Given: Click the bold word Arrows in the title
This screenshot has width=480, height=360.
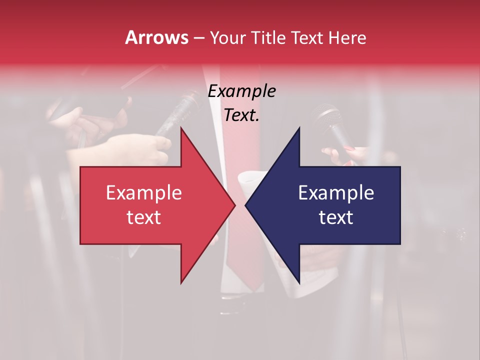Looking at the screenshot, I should [157, 37].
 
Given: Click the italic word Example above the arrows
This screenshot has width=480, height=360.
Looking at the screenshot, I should [242, 91].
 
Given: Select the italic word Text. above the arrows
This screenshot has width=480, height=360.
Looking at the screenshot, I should [242, 115].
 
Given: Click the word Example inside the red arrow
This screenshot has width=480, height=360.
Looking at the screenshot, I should [144, 193].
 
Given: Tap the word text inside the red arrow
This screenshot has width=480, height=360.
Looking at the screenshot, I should [144, 217].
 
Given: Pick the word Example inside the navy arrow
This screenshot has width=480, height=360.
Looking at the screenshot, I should [336, 193].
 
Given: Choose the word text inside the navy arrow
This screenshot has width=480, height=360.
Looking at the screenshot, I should [336, 217].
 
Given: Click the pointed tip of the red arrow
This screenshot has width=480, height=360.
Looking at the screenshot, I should [235, 205].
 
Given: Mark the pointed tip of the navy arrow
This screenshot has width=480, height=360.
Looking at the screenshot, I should [245, 205].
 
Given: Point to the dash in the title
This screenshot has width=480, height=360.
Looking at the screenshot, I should [198, 38].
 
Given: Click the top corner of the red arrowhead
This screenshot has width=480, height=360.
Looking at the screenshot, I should [181, 128].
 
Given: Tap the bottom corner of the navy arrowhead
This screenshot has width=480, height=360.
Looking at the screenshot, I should [299, 283].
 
